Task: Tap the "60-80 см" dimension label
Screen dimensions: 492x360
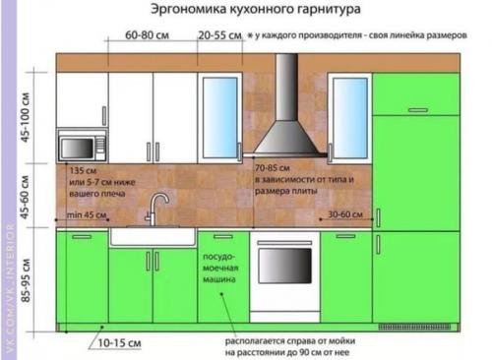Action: coord(147,36)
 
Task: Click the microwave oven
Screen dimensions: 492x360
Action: coord(81,148)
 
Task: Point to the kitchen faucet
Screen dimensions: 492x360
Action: coord(156,209)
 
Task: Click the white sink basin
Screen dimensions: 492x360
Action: coord(152,236)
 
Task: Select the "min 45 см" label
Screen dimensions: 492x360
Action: coord(86,213)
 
